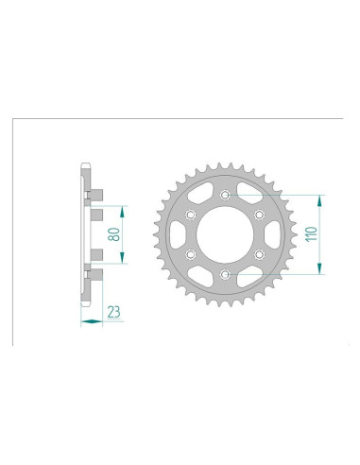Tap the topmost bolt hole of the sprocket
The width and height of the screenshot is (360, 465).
click(225, 195)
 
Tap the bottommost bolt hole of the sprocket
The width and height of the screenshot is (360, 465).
click(225, 274)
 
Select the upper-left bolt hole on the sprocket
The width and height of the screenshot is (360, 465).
click(190, 215)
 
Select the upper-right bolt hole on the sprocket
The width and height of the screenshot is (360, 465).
click(259, 215)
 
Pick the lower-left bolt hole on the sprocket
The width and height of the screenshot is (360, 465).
click(190, 254)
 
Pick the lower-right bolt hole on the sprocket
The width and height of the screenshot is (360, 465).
click(259, 254)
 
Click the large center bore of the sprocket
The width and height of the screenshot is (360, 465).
click(225, 234)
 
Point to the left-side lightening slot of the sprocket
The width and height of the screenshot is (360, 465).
click(177, 234)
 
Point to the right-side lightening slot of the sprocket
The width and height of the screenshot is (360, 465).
click(273, 234)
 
